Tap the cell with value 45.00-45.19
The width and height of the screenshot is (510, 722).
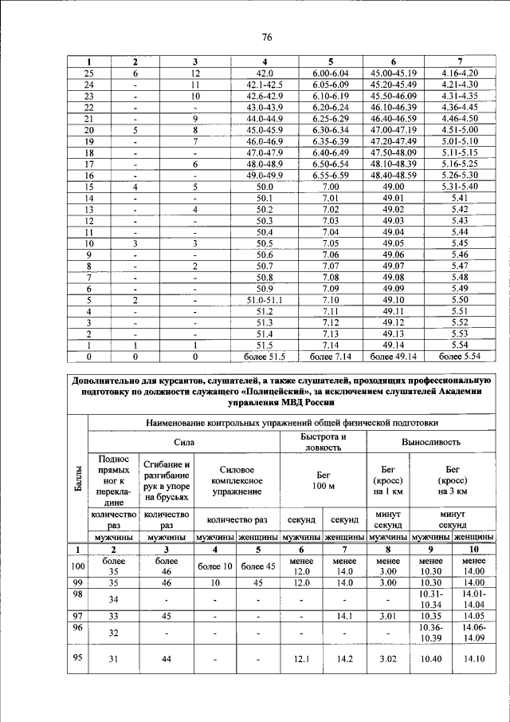(393, 73)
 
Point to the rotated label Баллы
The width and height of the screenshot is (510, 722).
(77, 487)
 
